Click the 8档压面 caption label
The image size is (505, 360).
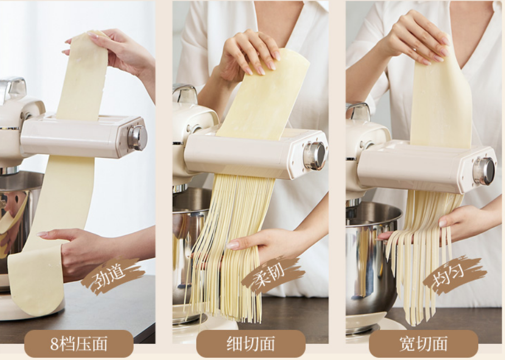click(x=79, y=344)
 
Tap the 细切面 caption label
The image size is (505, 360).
click(x=251, y=344)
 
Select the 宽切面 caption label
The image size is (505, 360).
click(x=424, y=344)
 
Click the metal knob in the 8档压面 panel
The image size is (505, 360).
click(x=138, y=138)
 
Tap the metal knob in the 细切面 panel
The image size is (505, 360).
click(x=315, y=156)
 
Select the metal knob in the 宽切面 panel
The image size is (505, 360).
click(x=484, y=171)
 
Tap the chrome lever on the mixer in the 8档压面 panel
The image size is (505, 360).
click(x=12, y=87)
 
